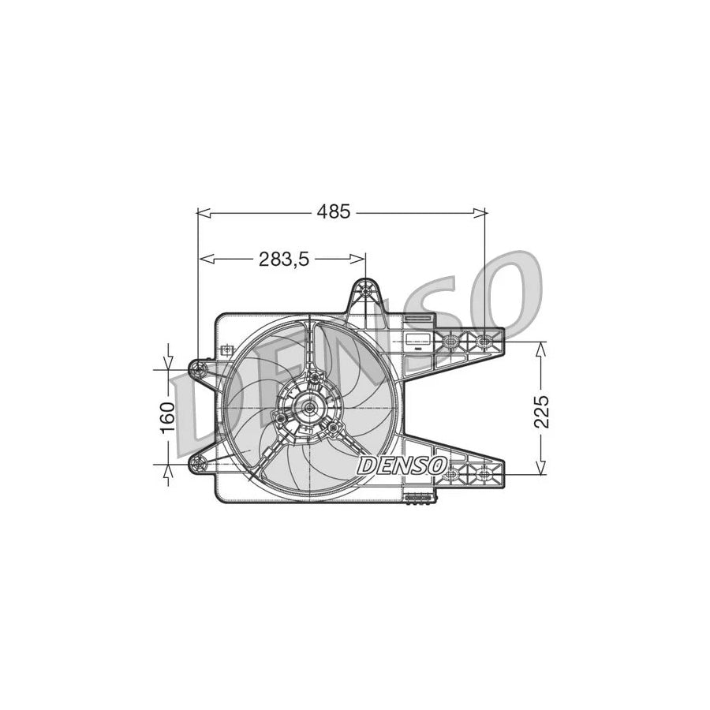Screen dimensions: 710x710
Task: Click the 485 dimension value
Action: coord(334,211)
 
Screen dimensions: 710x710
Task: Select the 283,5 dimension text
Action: coord(283,258)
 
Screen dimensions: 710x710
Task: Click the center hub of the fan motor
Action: coord(309,408)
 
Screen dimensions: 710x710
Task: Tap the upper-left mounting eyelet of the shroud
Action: coord(199,368)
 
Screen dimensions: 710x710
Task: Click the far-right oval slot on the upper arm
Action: coord(483,342)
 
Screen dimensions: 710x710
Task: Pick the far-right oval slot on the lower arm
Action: coord(483,474)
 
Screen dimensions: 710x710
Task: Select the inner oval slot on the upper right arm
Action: coord(450,342)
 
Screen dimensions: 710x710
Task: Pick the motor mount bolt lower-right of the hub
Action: coord(334,428)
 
